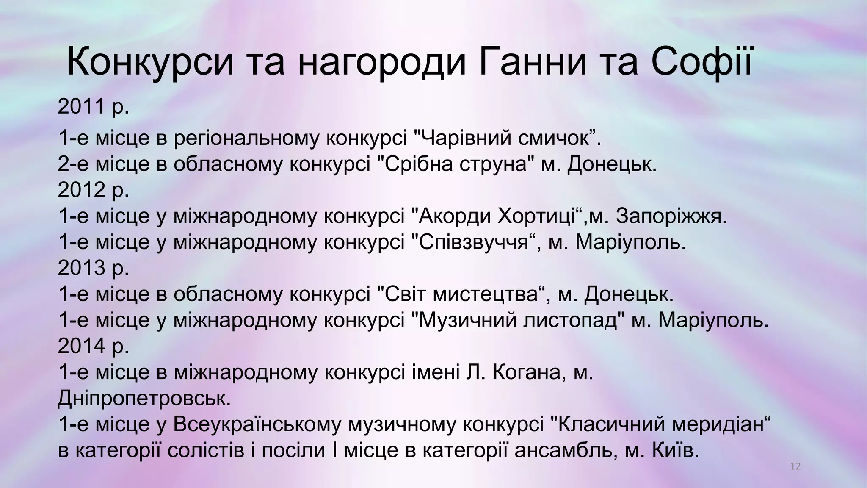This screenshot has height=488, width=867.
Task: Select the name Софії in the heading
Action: point(703,63)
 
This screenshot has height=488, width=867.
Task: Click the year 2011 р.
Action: point(93,106)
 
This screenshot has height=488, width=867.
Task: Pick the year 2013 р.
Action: point(93,268)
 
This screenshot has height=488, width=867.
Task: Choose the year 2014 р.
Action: point(93,346)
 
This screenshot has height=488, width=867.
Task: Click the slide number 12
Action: point(795,467)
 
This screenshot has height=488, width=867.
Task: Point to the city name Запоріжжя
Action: point(671,216)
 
